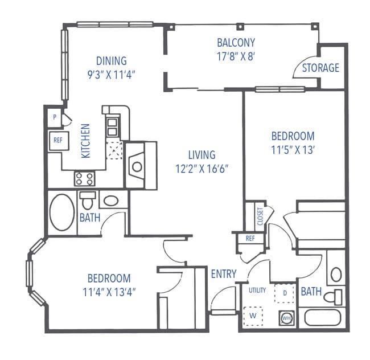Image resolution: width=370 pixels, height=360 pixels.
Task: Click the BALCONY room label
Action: [236, 43]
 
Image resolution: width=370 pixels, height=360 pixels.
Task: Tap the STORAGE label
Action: [320, 68]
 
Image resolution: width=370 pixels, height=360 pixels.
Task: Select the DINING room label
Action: [111, 61]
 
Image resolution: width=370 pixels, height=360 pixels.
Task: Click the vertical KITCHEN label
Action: [85, 141]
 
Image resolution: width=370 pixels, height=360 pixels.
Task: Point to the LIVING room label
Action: [202, 154]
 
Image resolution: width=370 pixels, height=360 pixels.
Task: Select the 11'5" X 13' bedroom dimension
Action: [293, 150]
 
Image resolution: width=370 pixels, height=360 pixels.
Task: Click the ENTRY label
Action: [223, 274]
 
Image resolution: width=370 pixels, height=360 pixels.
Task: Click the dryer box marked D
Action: [284, 292]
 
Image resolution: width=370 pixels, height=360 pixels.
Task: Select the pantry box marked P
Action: [55, 117]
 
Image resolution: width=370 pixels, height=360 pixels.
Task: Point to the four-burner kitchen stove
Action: [84, 179]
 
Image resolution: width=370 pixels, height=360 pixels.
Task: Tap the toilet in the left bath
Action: [88, 201]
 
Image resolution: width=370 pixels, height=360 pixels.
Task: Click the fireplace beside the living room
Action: [137, 166]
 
